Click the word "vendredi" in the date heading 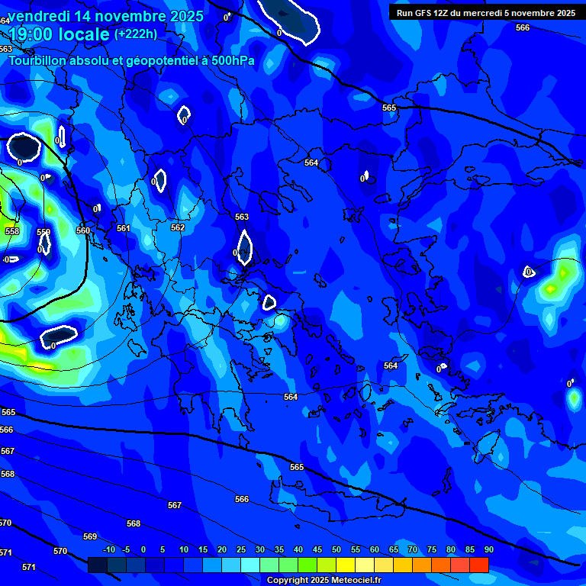tap(42, 16)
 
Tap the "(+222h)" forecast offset tap(136, 34)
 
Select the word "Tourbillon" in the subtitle tap(38, 60)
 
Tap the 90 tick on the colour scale tap(488, 550)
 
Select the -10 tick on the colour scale tap(108, 550)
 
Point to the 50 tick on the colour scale tap(336, 550)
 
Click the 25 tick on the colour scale tap(241, 550)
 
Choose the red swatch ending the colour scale tap(479, 565)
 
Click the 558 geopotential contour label tap(12, 231)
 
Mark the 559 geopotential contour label tap(43, 232)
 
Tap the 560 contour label tap(83, 230)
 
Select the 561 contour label tap(123, 228)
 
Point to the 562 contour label tap(178, 227)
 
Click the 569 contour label tap(90, 536)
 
